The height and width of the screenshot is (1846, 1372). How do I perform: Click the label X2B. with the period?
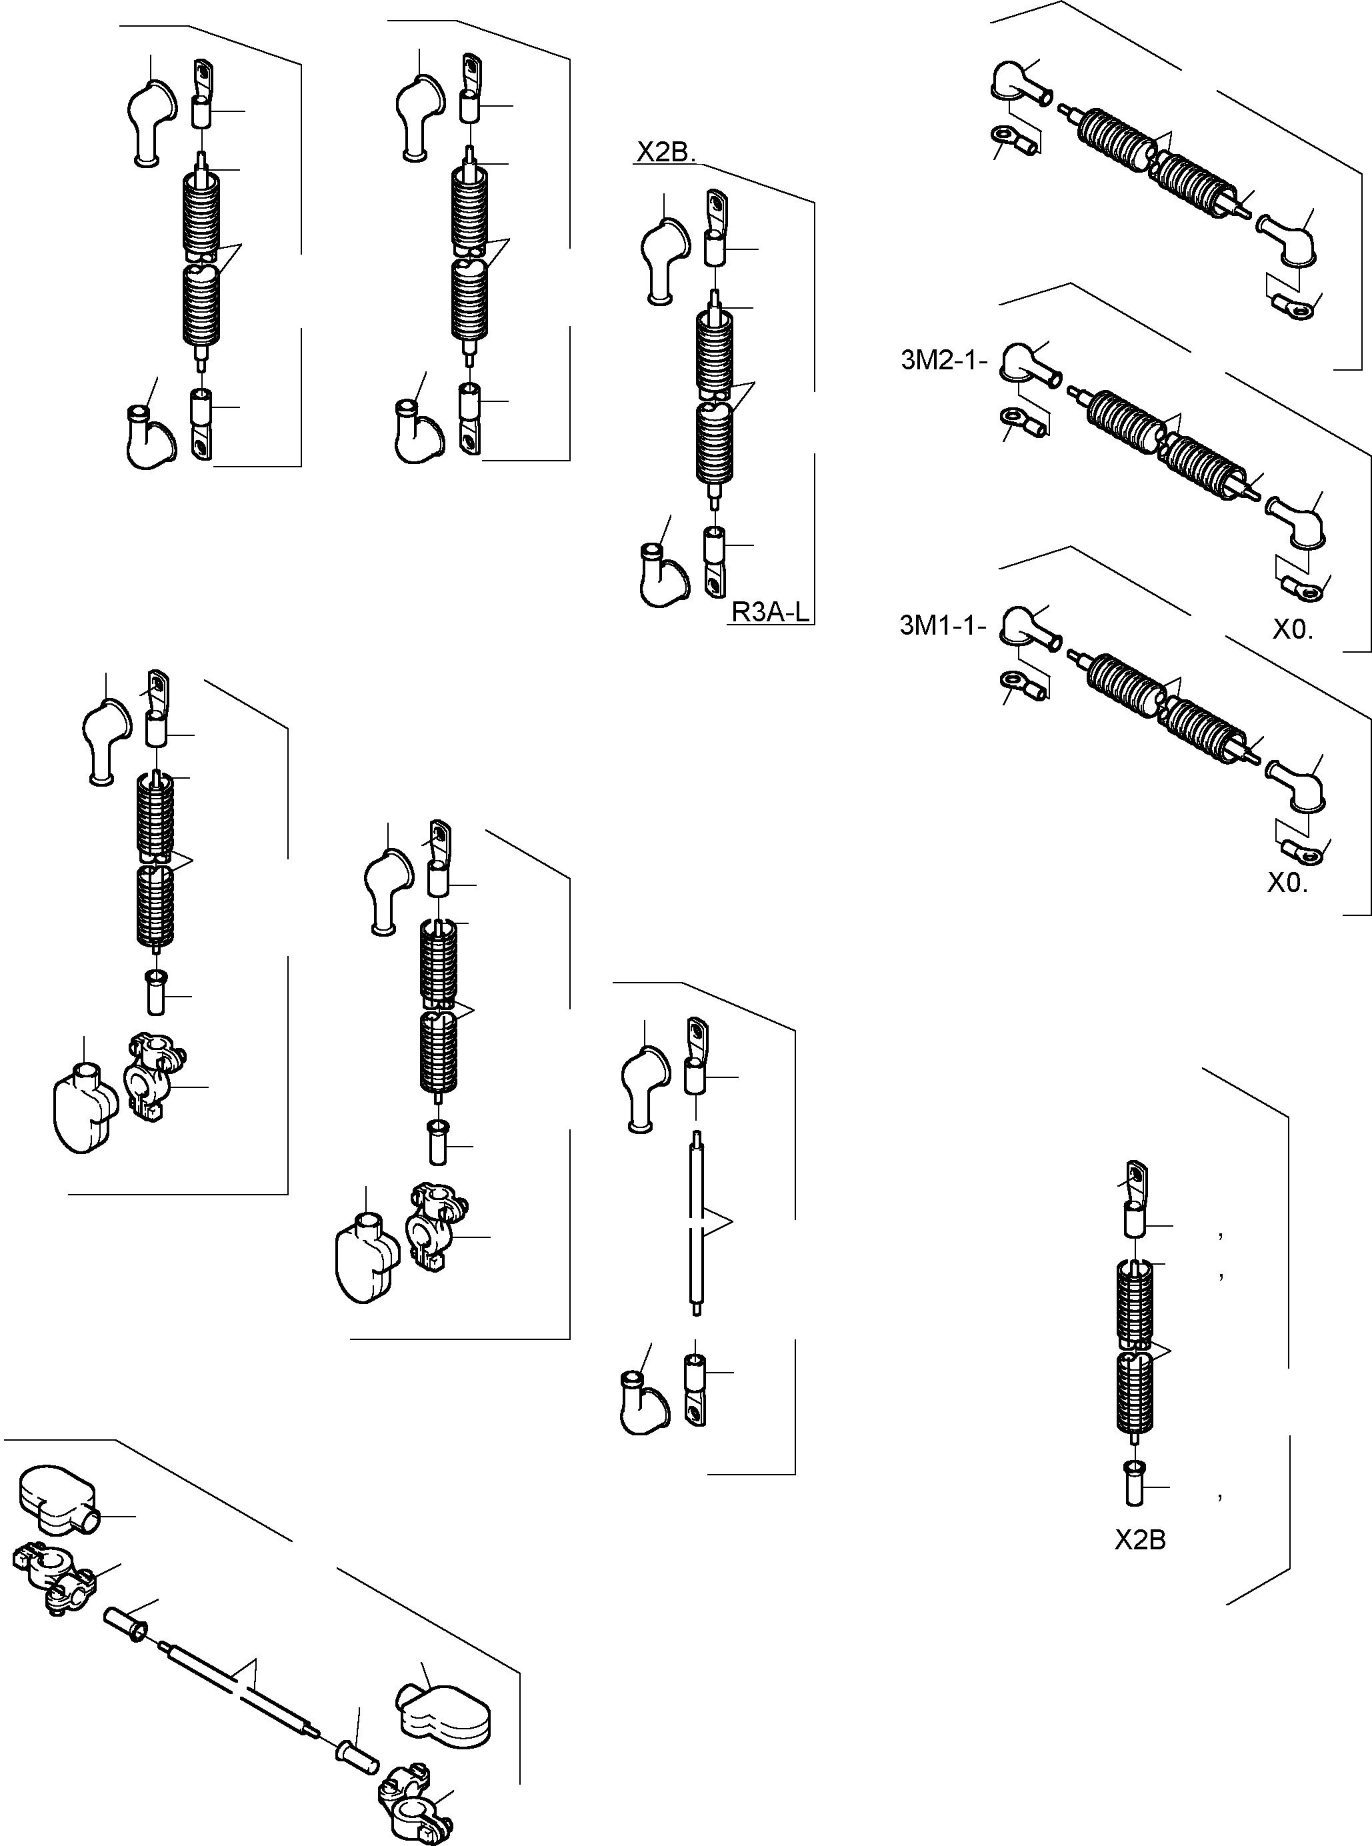(665, 153)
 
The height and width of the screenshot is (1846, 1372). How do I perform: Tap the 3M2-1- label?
(944, 361)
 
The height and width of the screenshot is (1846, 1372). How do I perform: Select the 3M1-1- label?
(943, 625)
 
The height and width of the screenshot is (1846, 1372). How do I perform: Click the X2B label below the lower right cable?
(1139, 1541)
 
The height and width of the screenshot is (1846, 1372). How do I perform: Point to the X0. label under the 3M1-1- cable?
(1287, 883)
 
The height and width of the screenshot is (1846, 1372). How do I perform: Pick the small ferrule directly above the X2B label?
(1135, 1482)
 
